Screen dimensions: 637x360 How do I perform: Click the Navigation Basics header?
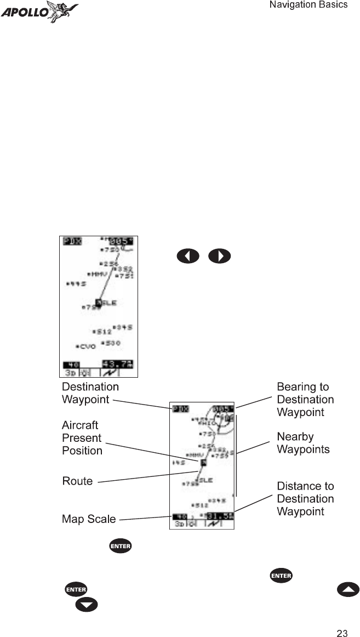pyautogui.click(x=308, y=5)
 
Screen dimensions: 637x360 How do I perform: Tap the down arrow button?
pyautogui.click(x=86, y=605)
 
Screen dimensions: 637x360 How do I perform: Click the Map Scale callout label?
pyautogui.click(x=89, y=519)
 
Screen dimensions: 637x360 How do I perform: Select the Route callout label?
pyautogui.click(x=77, y=481)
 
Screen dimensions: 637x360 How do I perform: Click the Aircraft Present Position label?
pyautogui.click(x=82, y=437)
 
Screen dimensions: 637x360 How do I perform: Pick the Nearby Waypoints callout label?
pyautogui.click(x=303, y=443)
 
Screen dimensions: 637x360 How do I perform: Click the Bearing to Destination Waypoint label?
pyautogui.click(x=305, y=400)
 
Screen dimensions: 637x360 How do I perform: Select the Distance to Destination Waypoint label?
pyautogui.click(x=305, y=498)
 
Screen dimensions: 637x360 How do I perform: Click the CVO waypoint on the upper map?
pyautogui.click(x=87, y=346)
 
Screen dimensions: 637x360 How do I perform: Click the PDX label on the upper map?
pyautogui.click(x=71, y=241)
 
